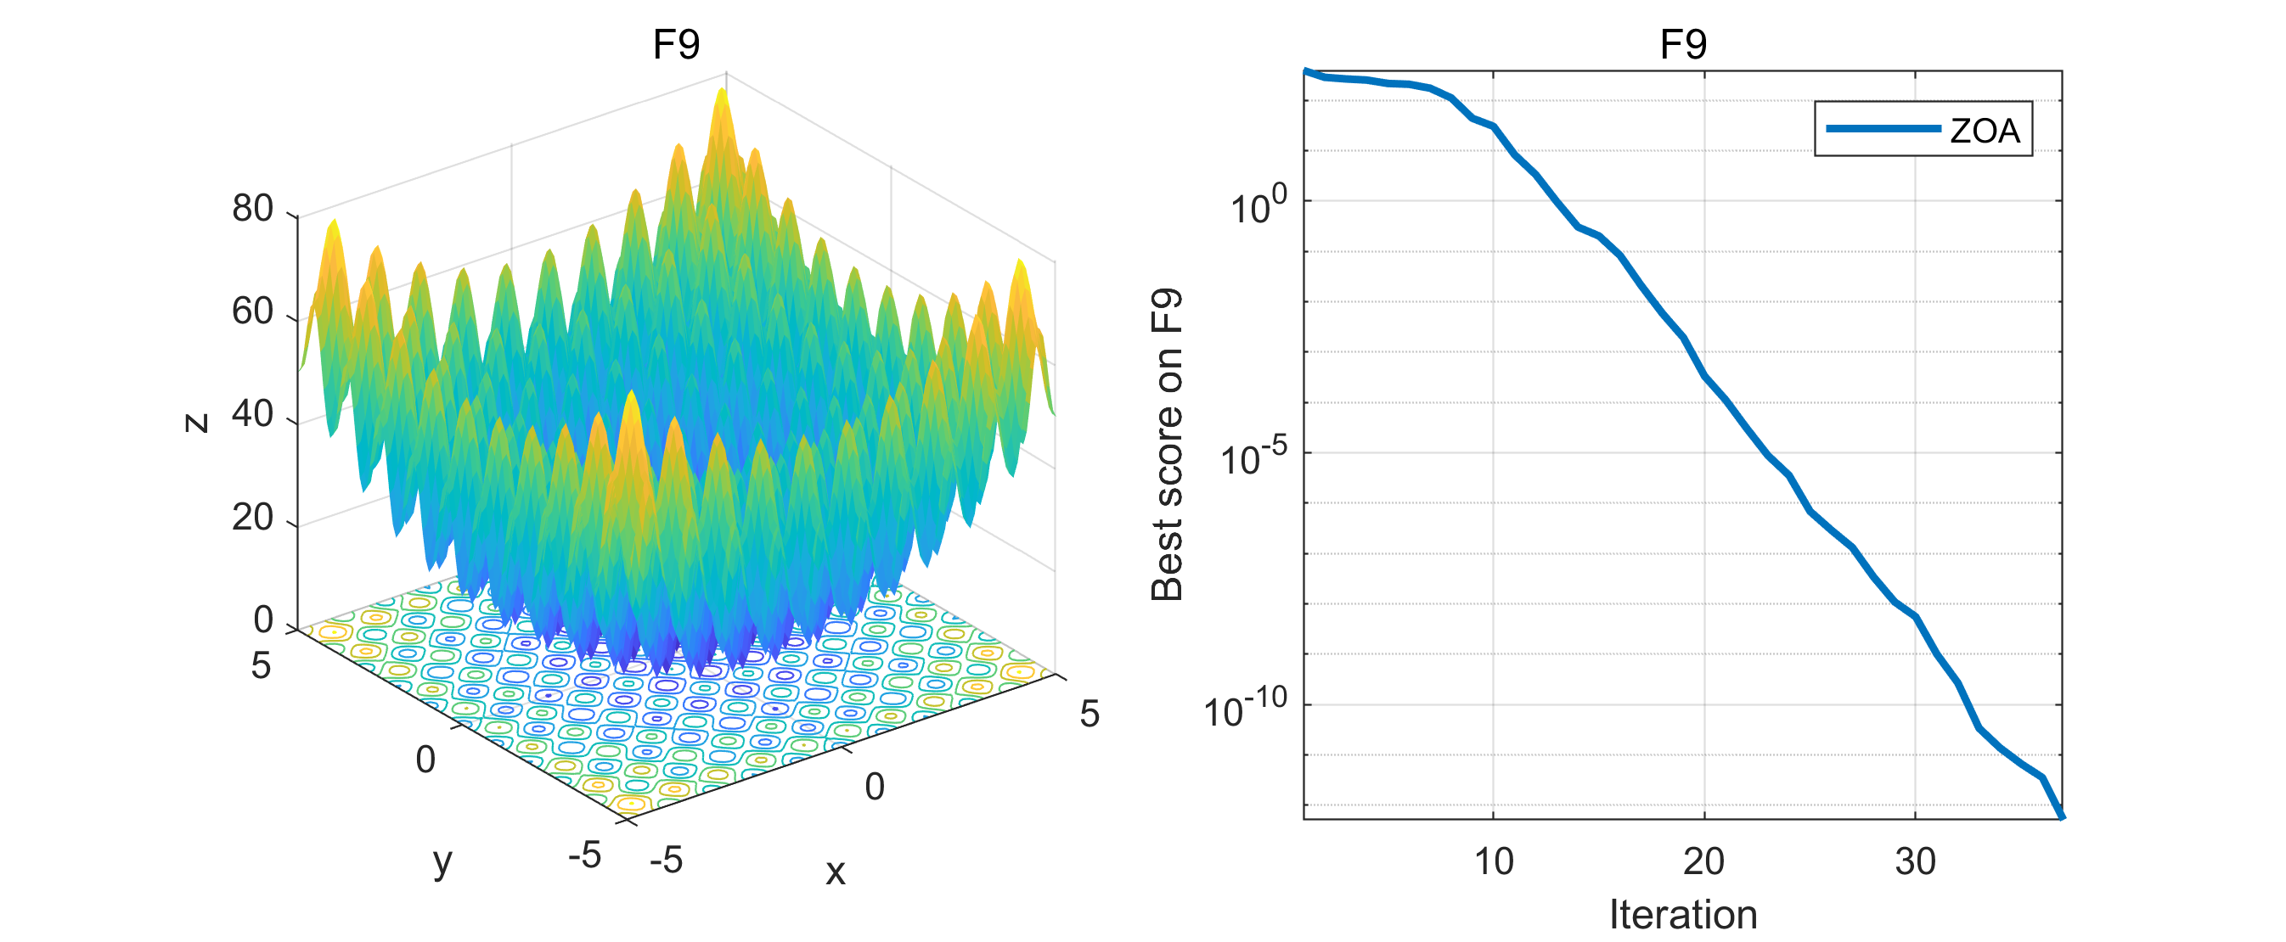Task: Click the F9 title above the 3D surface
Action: pos(676,44)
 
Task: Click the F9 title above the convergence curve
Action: pos(1682,44)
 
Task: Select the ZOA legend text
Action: pos(1985,132)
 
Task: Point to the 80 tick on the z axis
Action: pos(253,209)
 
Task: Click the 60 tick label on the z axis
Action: pos(253,311)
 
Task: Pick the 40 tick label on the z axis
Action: pos(253,414)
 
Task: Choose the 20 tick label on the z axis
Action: pos(253,517)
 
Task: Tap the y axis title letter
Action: pos(442,861)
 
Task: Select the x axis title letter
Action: pos(835,872)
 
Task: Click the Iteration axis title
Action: pos(1682,915)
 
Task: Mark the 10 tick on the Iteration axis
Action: pos(1494,861)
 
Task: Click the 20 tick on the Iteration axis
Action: pos(1703,861)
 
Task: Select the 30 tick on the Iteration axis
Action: pos(1915,861)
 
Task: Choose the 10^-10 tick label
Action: pos(1245,709)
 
